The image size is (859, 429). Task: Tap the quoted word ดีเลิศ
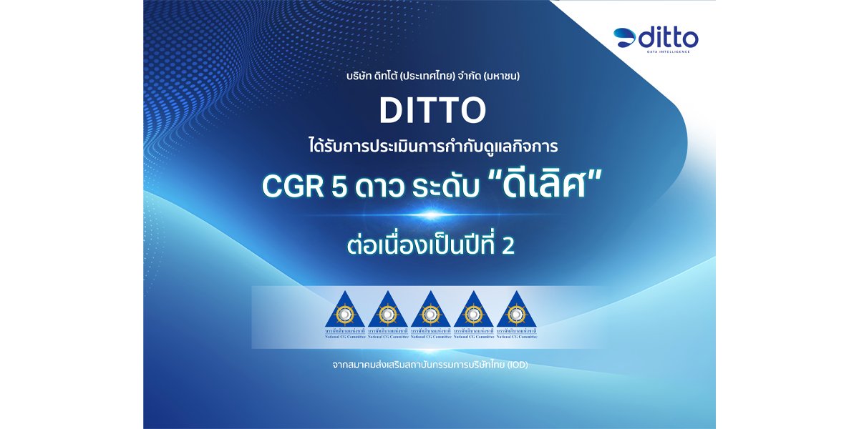point(533,184)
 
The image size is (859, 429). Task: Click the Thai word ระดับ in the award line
point(441,185)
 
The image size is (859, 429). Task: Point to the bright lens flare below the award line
point(429,214)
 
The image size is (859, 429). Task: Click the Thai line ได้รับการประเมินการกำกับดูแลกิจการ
point(429,147)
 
